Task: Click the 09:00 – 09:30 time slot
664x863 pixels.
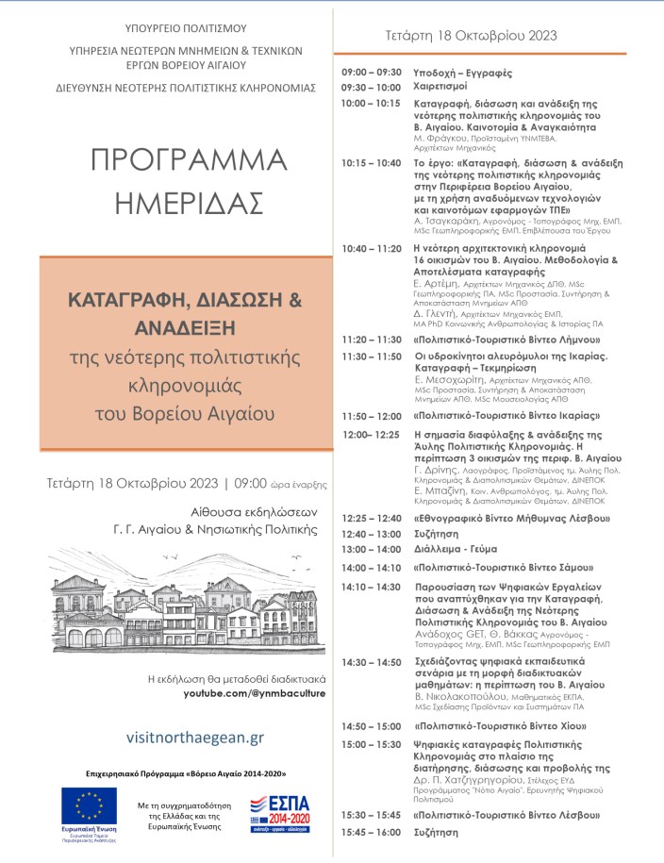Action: point(372,71)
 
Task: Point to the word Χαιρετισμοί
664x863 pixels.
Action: point(446,86)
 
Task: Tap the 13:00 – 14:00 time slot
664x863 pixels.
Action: point(372,549)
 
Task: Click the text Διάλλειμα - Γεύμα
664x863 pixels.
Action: point(459,549)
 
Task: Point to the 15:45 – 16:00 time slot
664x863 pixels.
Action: point(372,832)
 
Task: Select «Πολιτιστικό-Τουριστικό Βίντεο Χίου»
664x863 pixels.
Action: point(501,726)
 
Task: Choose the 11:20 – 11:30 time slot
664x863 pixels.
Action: point(372,339)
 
